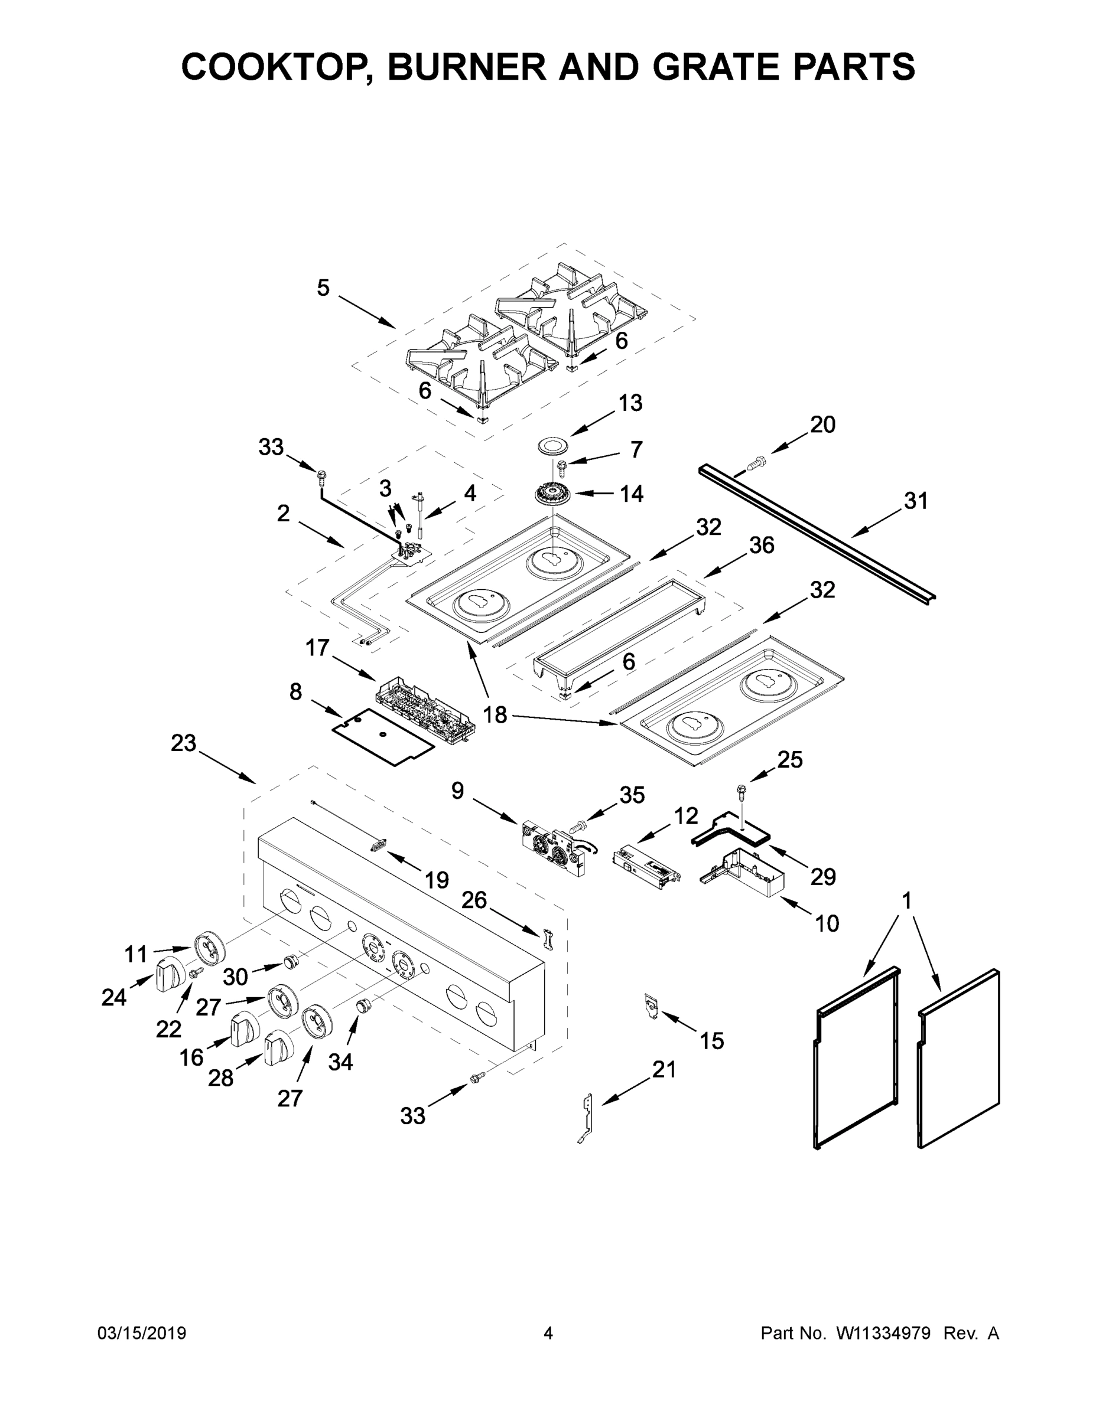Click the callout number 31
[x=915, y=501]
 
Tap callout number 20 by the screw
[x=822, y=425]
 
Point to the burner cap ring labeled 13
[x=552, y=446]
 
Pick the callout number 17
[x=317, y=647]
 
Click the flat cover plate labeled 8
[x=383, y=737]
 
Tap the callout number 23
[x=183, y=743]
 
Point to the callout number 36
[x=761, y=545]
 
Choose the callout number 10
[x=827, y=923]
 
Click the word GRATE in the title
[x=714, y=67]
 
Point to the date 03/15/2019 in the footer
[x=142, y=1333]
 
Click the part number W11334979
[x=884, y=1333]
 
